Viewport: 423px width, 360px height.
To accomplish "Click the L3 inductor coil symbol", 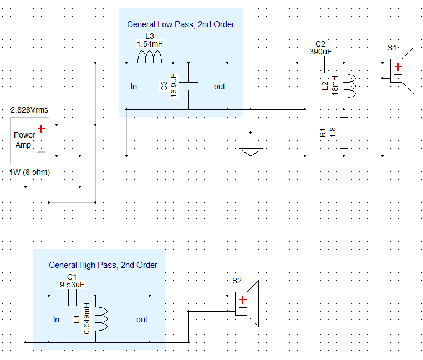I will click(149, 58).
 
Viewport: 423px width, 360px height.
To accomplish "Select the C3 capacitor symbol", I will click(190, 86).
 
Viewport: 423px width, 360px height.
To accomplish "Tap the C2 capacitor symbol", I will click(320, 67).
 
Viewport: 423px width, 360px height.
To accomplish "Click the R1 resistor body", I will click(344, 133).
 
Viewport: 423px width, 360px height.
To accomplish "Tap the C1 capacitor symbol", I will click(72, 300).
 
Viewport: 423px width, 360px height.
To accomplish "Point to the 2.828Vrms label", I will click(30, 110).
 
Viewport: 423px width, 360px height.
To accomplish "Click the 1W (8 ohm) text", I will click(30, 173).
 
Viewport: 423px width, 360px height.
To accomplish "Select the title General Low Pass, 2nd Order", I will click(181, 24).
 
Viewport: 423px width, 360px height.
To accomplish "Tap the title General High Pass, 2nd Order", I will click(103, 265).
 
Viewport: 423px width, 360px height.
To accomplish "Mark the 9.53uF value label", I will click(72, 285).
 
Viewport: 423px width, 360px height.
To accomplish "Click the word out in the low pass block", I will click(220, 87).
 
